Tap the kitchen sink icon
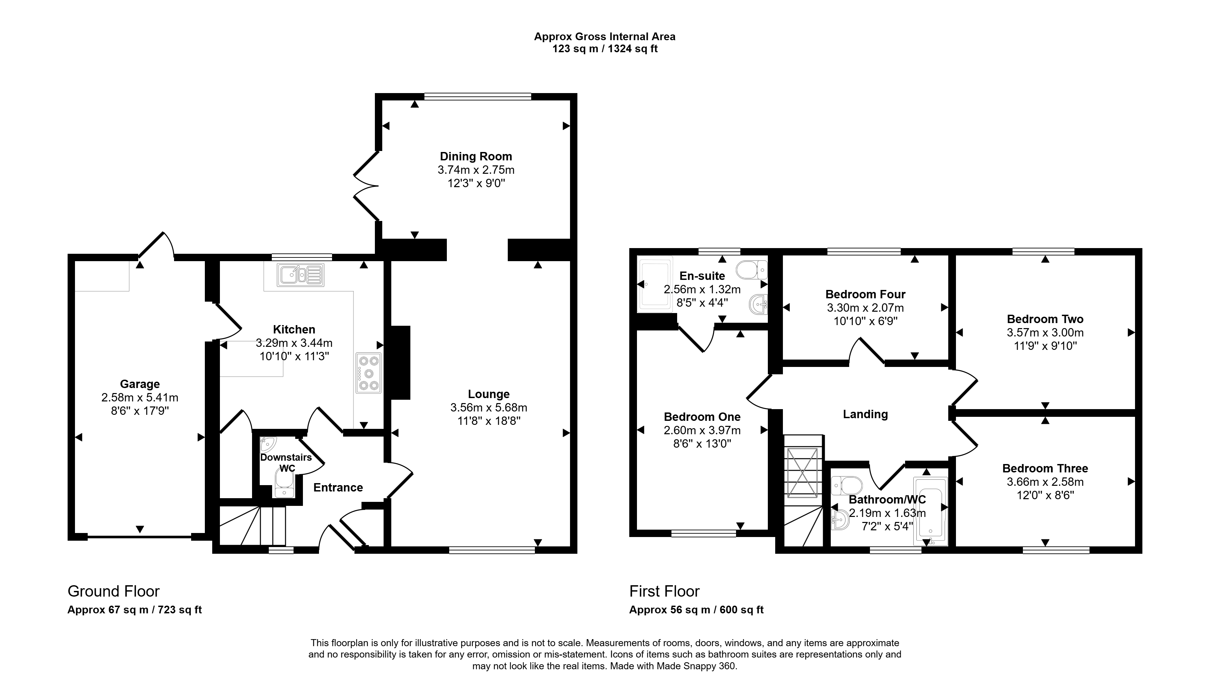pyautogui.click(x=301, y=275)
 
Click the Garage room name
pyautogui.click(x=140, y=384)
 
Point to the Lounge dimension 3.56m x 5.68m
pyautogui.click(x=489, y=407)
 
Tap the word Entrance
pyautogui.click(x=338, y=487)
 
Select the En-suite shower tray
pyautogui.click(x=654, y=285)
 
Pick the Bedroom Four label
pyautogui.click(x=865, y=294)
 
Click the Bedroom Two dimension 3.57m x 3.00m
pyautogui.click(x=1045, y=333)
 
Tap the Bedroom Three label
pyautogui.click(x=1045, y=468)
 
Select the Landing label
pyautogui.click(x=865, y=414)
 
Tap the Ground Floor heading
pyautogui.click(x=114, y=591)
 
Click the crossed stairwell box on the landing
pyautogui.click(x=803, y=472)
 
